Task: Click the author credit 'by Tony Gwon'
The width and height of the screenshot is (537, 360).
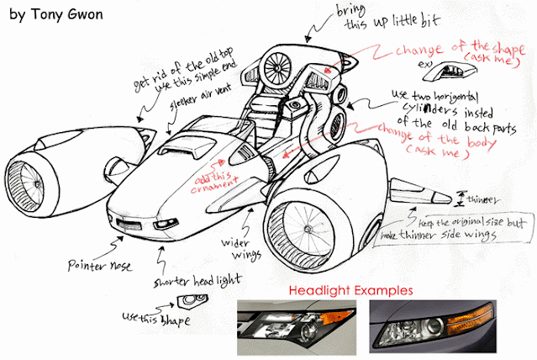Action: (57, 16)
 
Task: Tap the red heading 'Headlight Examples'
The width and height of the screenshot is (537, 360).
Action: (350, 290)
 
